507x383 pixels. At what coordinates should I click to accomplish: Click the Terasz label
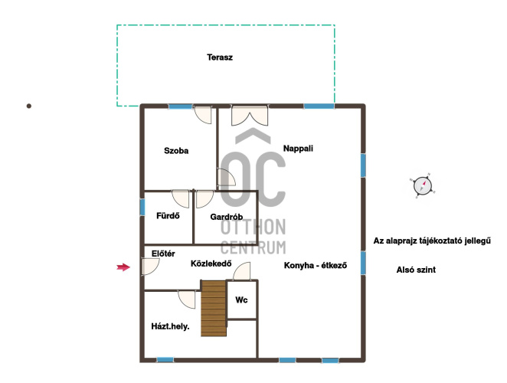point(220,57)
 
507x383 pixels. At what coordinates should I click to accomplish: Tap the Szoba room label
point(176,151)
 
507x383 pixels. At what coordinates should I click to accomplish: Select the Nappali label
point(298,149)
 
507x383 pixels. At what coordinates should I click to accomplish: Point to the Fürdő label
point(168,216)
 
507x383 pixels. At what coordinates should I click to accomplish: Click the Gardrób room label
point(227,217)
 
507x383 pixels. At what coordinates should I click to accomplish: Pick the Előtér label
point(163,254)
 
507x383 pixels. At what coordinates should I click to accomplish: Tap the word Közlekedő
point(211,264)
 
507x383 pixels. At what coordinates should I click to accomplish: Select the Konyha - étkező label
point(316,265)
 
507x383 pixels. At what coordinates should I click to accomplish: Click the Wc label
point(241,300)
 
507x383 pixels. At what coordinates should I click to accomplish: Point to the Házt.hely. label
point(170,326)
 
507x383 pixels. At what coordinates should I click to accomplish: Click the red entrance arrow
point(123,267)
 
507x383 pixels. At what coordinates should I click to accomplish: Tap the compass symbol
point(423,186)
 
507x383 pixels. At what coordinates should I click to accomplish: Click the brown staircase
point(214,308)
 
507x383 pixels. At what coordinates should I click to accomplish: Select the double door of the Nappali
point(250,116)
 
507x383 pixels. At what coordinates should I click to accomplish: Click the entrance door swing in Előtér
point(150,267)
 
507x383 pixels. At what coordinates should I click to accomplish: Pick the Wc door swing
point(241,271)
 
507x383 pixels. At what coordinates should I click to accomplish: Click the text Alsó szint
point(416,270)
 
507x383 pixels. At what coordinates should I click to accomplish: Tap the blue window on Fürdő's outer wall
point(142,207)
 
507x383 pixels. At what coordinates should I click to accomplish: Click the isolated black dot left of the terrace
point(29,106)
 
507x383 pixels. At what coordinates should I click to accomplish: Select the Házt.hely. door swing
point(187,300)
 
